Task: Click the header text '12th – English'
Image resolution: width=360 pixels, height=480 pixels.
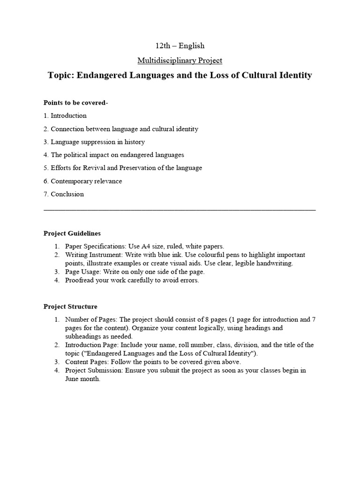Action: pyautogui.click(x=180, y=46)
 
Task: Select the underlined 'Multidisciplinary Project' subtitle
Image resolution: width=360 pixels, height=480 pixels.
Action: pyautogui.click(x=180, y=60)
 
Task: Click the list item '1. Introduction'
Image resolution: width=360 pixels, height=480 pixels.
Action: pyautogui.click(x=65, y=116)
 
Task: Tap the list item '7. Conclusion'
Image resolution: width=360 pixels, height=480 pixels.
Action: pyautogui.click(x=64, y=195)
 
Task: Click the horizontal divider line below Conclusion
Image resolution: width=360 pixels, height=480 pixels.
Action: pyautogui.click(x=180, y=210)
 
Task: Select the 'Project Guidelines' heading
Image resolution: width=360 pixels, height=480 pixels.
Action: pyautogui.click(x=72, y=233)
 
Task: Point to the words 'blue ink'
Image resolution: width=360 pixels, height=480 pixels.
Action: pyautogui.click(x=165, y=255)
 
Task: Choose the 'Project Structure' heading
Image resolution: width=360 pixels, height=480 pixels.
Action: pyautogui.click(x=70, y=307)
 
